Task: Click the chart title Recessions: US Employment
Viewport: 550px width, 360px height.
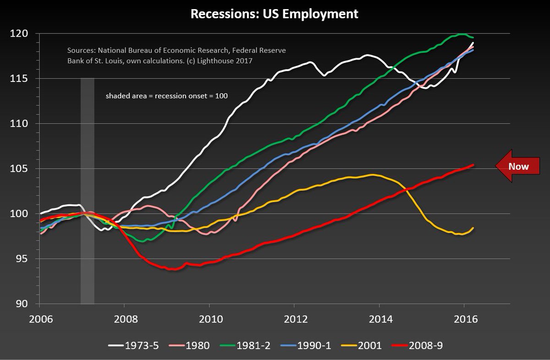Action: [275, 14]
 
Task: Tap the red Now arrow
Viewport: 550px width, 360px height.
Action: [518, 166]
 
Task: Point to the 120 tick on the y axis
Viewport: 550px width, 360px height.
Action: [22, 34]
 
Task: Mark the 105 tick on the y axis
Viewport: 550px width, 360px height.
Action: [22, 169]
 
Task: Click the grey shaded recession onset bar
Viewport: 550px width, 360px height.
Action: [88, 183]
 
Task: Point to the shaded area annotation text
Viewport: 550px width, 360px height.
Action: [167, 96]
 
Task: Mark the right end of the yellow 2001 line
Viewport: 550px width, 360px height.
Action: [473, 228]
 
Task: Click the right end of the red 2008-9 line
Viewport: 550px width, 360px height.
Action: [473, 165]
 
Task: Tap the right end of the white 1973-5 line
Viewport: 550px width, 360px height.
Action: [473, 43]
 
